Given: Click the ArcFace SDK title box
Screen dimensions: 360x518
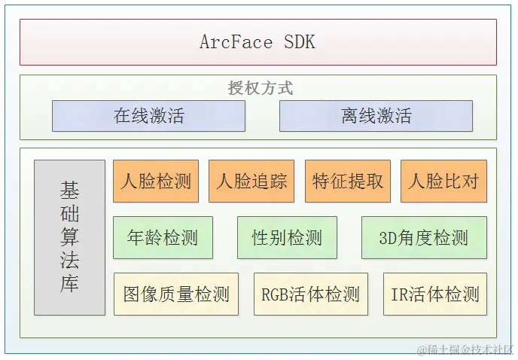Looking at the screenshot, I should [258, 42].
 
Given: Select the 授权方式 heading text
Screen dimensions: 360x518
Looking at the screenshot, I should [261, 88].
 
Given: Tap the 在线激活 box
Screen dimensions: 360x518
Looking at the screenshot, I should [148, 116].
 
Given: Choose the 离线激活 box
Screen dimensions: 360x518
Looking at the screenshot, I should [376, 116].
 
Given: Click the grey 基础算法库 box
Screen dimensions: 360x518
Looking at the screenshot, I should [69, 237].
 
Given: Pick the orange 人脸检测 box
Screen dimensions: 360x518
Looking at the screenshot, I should [156, 182].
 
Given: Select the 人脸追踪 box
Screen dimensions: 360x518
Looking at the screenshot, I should [251, 182].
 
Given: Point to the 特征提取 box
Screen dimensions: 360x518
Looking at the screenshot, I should [348, 182].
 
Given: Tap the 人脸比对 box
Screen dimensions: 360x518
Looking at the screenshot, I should [443, 182].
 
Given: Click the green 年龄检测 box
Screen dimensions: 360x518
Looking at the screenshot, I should [163, 238].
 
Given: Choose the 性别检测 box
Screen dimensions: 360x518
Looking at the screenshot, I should [287, 238].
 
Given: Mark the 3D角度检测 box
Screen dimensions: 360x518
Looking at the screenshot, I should [424, 238].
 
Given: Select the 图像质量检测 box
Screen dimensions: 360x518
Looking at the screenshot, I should [176, 294].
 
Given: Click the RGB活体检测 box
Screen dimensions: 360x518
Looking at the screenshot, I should [310, 294].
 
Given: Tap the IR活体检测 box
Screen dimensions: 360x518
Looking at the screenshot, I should [434, 294].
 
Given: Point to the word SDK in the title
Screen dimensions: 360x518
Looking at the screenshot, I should [300, 42].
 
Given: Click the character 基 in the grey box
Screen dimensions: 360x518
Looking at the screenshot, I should [69, 190].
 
